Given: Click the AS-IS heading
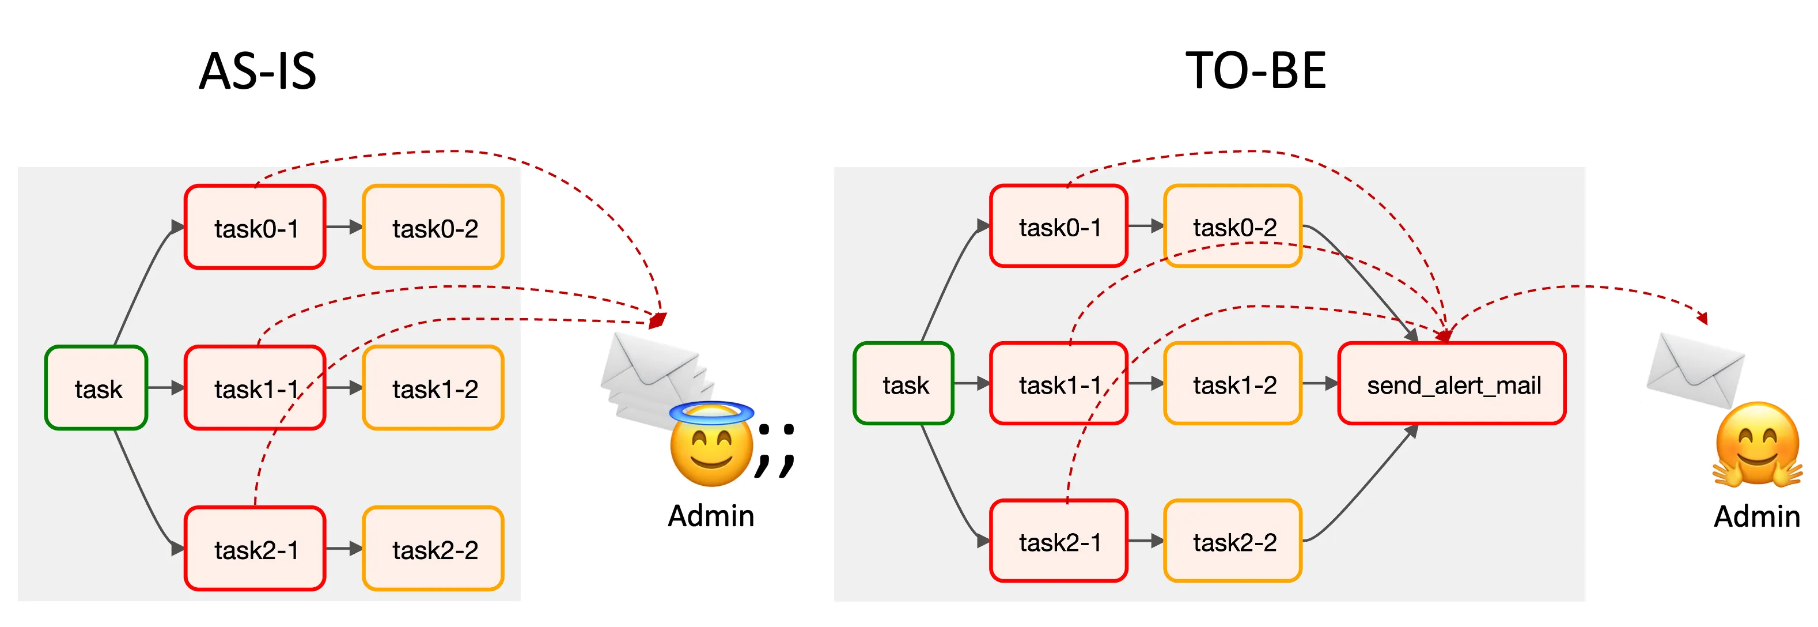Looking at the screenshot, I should tap(257, 71).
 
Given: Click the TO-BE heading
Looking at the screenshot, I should tap(1256, 71).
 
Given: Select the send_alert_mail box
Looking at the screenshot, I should tap(1452, 384).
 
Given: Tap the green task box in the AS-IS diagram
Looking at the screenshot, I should tap(97, 388).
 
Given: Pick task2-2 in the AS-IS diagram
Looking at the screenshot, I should tap(433, 549).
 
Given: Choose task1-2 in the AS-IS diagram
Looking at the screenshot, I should tap(433, 388).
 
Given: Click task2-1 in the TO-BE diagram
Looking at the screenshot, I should tap(1059, 542).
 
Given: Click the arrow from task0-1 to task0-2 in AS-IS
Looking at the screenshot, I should tap(344, 228).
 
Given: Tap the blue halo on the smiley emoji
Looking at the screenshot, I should tap(711, 411).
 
